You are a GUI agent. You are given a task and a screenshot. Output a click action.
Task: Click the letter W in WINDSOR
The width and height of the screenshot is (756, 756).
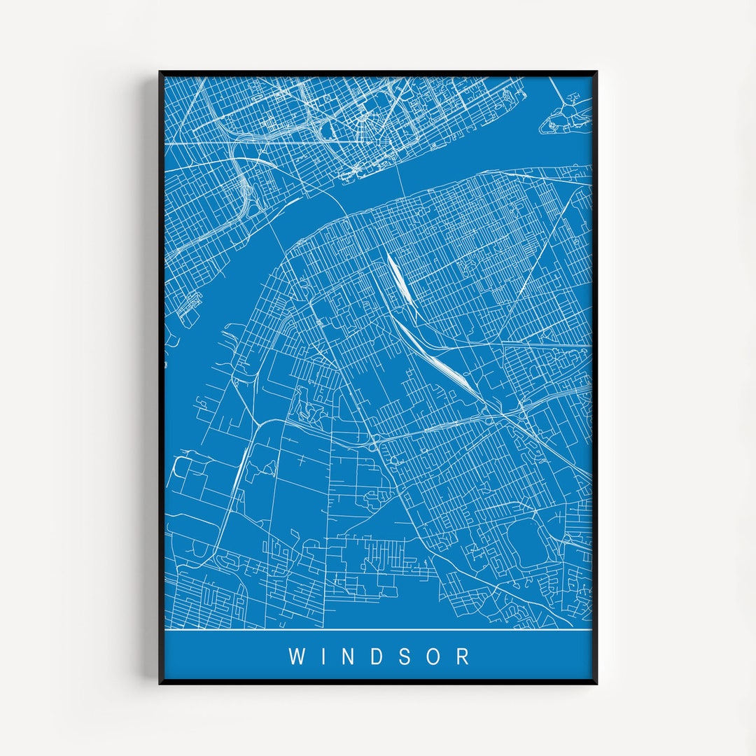297,657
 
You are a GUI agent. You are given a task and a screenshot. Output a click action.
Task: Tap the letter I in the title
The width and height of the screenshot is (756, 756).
324,657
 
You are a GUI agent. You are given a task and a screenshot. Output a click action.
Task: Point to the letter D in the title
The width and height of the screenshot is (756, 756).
379,657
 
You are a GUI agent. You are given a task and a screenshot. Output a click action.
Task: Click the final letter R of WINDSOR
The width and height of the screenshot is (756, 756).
463,657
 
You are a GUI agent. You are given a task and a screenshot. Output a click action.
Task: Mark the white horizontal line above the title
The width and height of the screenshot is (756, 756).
378,630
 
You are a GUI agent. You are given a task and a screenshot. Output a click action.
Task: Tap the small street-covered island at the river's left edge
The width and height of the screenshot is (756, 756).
189,308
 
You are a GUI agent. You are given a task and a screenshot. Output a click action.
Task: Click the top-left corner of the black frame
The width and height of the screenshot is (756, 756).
160,72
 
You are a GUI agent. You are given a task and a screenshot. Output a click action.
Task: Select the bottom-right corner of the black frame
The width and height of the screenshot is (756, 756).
596,682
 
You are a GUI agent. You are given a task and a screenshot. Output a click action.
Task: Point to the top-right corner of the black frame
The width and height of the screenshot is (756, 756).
596,72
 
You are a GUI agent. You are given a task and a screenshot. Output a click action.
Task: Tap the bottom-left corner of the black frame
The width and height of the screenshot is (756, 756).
160,682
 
